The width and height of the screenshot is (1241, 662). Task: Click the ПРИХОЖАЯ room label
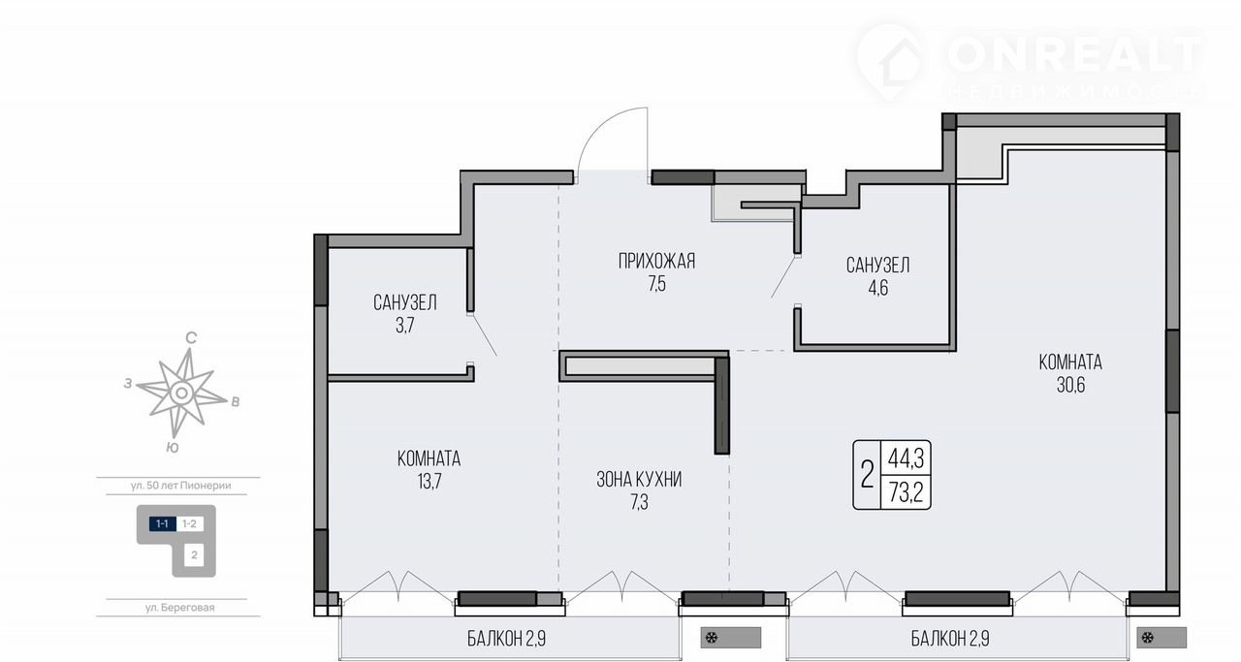pyautogui.click(x=656, y=261)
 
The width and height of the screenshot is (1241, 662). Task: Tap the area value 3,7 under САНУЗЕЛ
pyautogui.click(x=405, y=325)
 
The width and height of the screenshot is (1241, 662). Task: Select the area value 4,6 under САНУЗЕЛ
pyautogui.click(x=878, y=288)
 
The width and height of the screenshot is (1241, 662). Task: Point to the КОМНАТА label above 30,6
pyautogui.click(x=1070, y=363)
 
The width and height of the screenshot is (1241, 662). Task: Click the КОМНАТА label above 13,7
pyautogui.click(x=429, y=458)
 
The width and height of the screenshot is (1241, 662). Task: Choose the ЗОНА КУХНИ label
pyautogui.click(x=639, y=479)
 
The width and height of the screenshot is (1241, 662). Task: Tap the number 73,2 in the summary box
pyautogui.click(x=906, y=492)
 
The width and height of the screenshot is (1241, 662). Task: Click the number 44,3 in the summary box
pyautogui.click(x=906, y=458)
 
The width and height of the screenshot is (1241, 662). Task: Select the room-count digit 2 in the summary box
pyautogui.click(x=867, y=475)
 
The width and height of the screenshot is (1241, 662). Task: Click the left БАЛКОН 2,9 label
pyautogui.click(x=506, y=639)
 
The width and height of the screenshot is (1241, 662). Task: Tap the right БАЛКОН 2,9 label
pyautogui.click(x=950, y=639)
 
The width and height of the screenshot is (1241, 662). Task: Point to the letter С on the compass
pyautogui.click(x=191, y=338)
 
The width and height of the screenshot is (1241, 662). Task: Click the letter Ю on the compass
pyautogui.click(x=173, y=448)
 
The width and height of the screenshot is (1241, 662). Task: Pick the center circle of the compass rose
pyautogui.click(x=180, y=394)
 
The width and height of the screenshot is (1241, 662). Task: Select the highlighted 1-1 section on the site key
pyautogui.click(x=162, y=524)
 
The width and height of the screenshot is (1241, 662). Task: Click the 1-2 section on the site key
pyautogui.click(x=189, y=524)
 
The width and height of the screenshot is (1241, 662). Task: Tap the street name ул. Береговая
pyautogui.click(x=179, y=608)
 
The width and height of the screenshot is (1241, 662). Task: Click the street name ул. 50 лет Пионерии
pyautogui.click(x=180, y=486)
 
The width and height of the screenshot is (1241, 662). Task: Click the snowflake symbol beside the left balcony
pyautogui.click(x=712, y=638)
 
